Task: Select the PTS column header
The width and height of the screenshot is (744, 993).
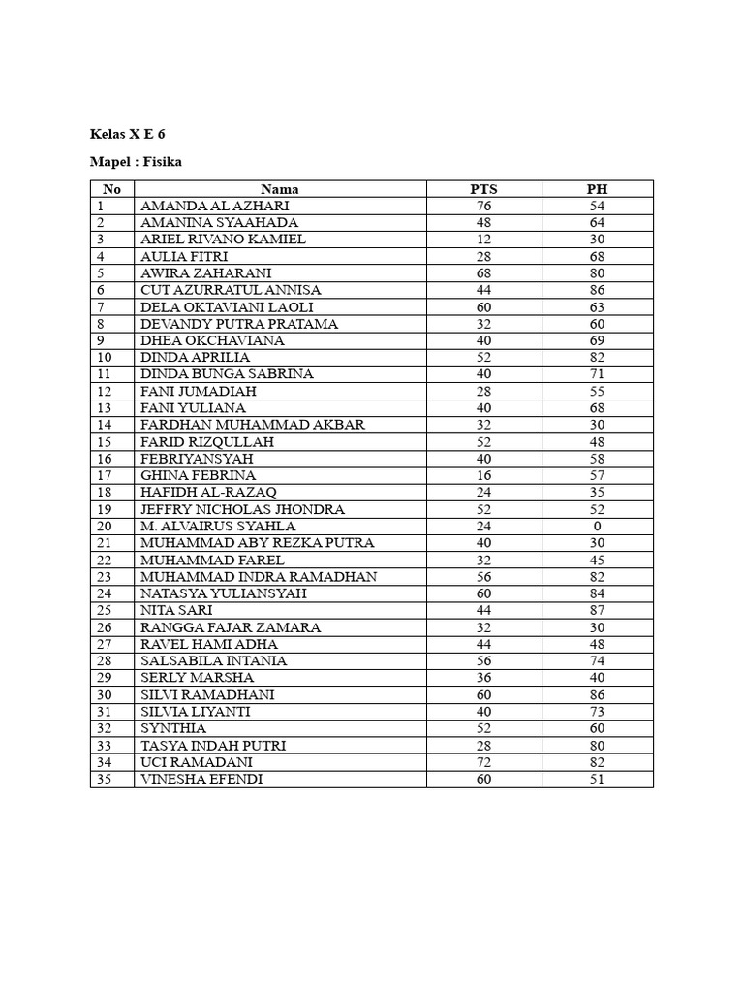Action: [483, 189]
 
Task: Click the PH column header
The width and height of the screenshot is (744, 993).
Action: [597, 189]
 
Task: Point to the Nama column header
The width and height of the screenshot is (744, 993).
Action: [280, 189]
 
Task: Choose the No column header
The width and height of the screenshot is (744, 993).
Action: [112, 189]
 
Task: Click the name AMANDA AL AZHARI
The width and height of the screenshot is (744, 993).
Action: [215, 206]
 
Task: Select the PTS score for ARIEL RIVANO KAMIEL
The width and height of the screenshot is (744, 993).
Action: [483, 240]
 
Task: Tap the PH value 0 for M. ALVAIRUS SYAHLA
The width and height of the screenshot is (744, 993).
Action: [597, 527]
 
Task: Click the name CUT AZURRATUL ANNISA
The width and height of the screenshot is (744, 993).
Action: [231, 290]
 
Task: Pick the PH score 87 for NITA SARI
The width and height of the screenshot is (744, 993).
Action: [597, 611]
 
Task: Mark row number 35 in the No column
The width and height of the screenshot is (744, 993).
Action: [105, 780]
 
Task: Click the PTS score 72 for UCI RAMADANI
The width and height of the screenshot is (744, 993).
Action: [483, 763]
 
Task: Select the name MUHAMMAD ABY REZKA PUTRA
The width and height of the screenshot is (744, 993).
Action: [258, 543]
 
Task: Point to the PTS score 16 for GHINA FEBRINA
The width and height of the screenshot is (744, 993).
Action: [483, 475]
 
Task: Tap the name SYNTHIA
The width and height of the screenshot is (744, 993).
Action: [172, 729]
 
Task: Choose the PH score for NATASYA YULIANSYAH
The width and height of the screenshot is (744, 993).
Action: [597, 593]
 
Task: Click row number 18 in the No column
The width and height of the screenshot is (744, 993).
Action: [105, 493]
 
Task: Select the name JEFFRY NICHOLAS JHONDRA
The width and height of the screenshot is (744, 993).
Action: [242, 509]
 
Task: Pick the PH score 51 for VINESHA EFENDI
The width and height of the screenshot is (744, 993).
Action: [597, 780]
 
